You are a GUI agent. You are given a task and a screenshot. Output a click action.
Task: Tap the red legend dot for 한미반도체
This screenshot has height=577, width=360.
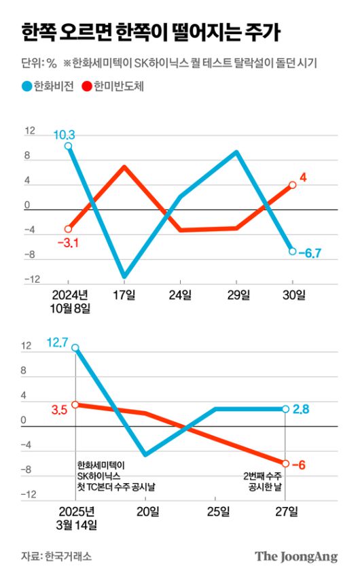pos(87,86)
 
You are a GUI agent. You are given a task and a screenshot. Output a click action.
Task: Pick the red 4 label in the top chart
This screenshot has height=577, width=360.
pos(303,178)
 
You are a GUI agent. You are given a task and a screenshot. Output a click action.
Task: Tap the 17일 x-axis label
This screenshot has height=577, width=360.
pos(124,294)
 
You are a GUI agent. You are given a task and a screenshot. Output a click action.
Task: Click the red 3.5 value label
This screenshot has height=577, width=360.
pos(59,409)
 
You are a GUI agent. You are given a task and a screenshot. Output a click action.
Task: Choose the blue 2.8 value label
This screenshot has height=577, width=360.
pos(302,409)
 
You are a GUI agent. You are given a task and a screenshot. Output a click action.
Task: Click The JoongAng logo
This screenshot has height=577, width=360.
pos(296,557)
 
